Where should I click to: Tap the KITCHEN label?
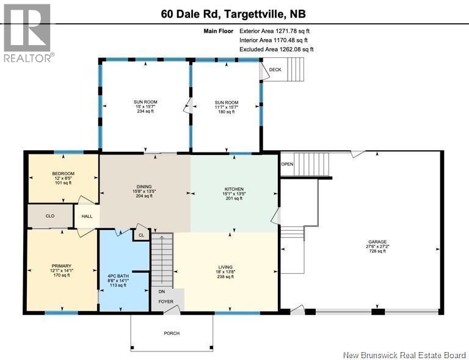[x=234, y=189]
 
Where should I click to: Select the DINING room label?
[x=144, y=187]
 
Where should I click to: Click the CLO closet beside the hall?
[x=51, y=215]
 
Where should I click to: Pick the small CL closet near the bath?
[x=141, y=234]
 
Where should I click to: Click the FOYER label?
[x=165, y=301]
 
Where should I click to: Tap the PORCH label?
[x=172, y=334]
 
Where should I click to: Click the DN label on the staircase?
[x=162, y=292]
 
